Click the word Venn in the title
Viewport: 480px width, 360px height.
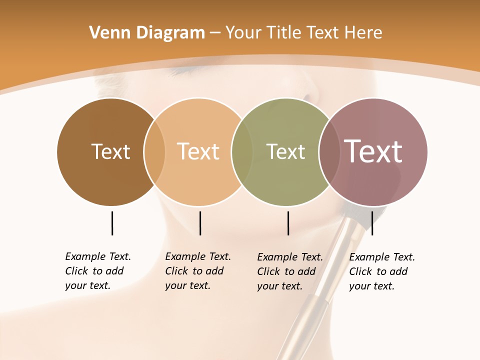tap(107, 33)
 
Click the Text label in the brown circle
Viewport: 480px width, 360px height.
tap(110, 151)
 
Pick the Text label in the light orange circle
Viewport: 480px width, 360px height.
tap(198, 151)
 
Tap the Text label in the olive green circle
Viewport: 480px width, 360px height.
tap(285, 151)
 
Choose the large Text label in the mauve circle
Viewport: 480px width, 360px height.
tap(373, 151)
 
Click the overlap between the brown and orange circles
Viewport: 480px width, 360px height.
tap(154, 152)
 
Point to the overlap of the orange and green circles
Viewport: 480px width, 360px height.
tap(242, 152)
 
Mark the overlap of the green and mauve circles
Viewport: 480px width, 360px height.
tap(329, 152)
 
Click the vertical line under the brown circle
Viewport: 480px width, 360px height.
tap(112, 223)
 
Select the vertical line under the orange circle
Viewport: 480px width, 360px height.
tap(200, 223)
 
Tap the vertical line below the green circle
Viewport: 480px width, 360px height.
tap(288, 223)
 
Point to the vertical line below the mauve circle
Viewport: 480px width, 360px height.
tap(372, 223)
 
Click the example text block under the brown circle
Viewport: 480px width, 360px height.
tap(98, 271)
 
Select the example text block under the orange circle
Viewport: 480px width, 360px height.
tap(198, 271)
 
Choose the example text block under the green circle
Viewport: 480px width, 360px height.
tap(290, 271)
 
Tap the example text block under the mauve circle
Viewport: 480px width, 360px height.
tap(382, 271)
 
